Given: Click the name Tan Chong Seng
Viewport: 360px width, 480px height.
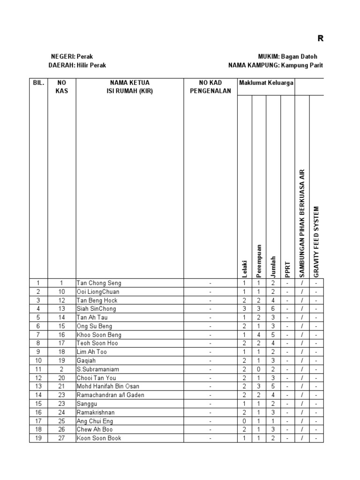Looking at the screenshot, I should coord(98,283).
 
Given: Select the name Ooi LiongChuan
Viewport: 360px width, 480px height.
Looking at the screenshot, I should coord(98,292).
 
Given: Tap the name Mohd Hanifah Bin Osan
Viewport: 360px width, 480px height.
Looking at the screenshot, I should coord(108,386).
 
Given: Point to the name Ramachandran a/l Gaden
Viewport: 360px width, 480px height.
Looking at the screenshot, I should coord(110,395).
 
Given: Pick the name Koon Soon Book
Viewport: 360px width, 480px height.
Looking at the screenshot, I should coord(99,438).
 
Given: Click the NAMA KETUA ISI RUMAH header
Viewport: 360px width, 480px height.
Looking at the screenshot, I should coord(129,87).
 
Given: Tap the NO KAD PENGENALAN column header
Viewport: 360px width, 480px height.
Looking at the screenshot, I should coord(210,87).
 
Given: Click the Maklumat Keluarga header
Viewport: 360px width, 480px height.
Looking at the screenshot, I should coord(266,83).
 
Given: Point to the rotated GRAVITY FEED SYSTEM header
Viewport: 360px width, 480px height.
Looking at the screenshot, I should coord(316,241).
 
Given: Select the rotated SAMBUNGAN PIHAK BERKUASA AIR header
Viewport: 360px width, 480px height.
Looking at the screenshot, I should coord(302,223).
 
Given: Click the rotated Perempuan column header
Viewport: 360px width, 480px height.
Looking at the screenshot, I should coord(259,261).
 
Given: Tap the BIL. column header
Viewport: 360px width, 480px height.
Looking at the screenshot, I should coord(38,83).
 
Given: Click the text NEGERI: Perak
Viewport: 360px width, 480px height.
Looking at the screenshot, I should coord(72,56).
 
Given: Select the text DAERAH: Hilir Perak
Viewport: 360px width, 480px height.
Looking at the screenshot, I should coord(77,66).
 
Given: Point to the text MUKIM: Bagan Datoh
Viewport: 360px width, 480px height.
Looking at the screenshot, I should coord(291,56).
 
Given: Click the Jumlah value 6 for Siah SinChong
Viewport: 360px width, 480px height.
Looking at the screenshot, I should coord(273,309).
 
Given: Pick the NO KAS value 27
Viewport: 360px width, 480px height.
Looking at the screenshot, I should coord(61,438).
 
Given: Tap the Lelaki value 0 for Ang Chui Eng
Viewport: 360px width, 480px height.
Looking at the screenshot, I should coord(245,420).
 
